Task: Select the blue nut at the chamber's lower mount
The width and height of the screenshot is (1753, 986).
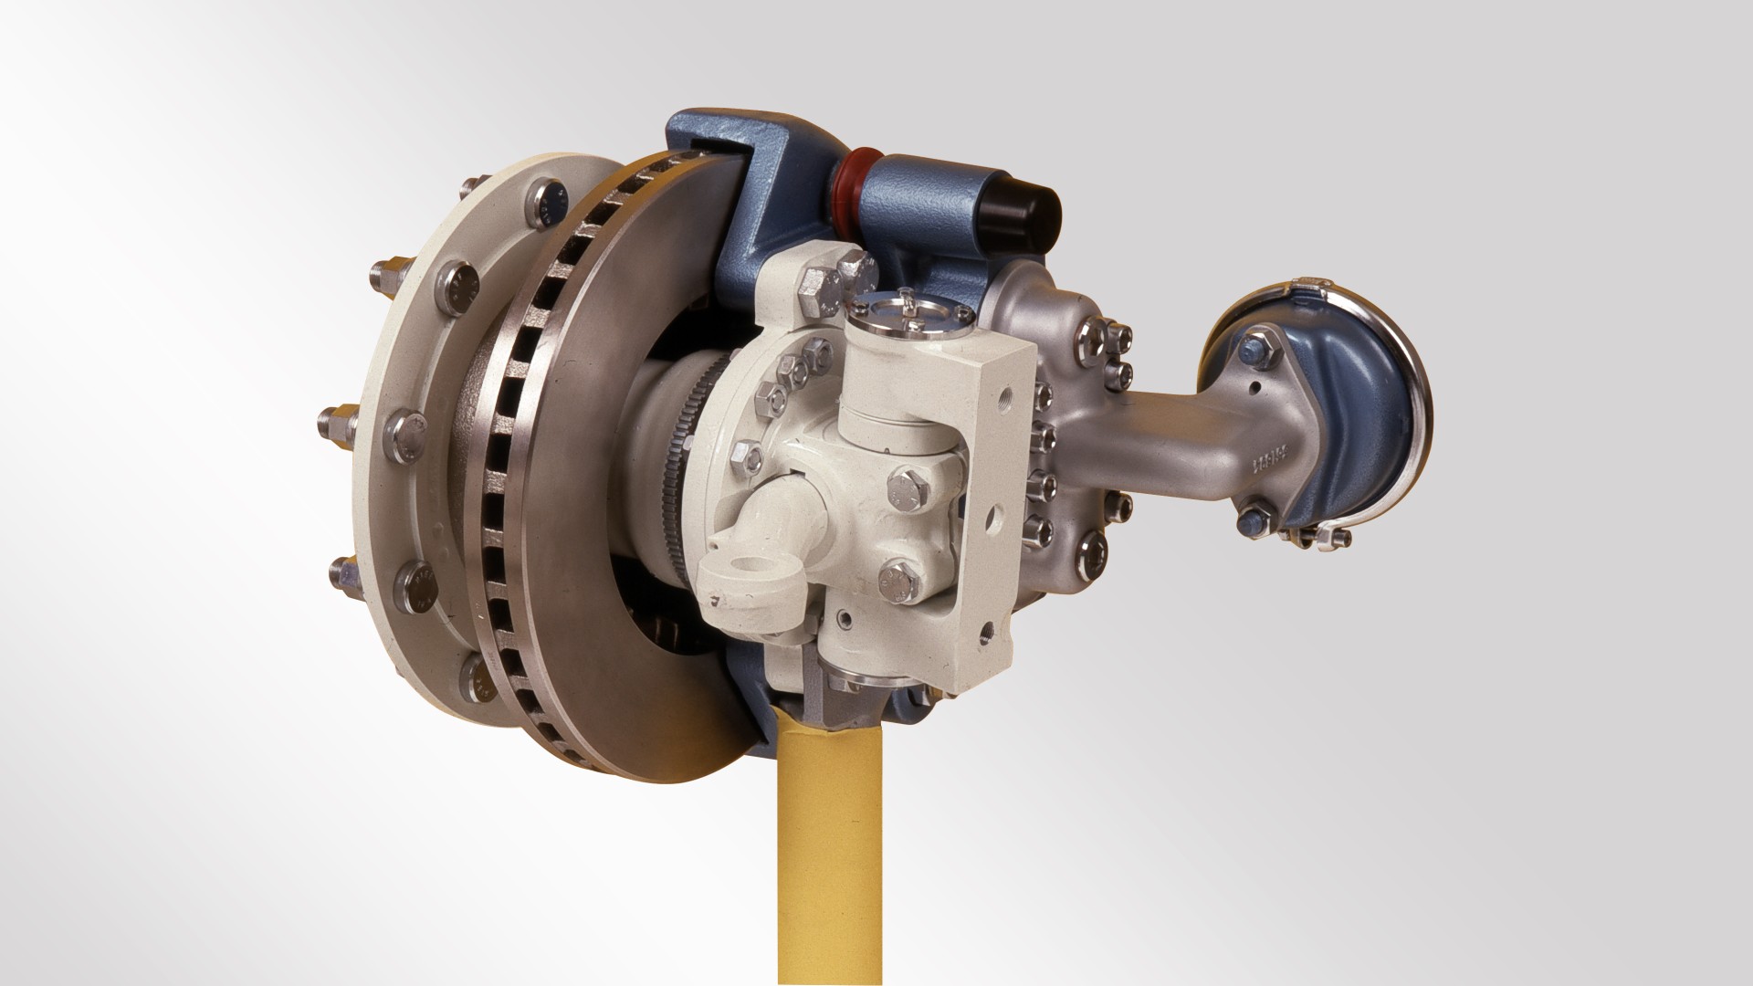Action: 1251,521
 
